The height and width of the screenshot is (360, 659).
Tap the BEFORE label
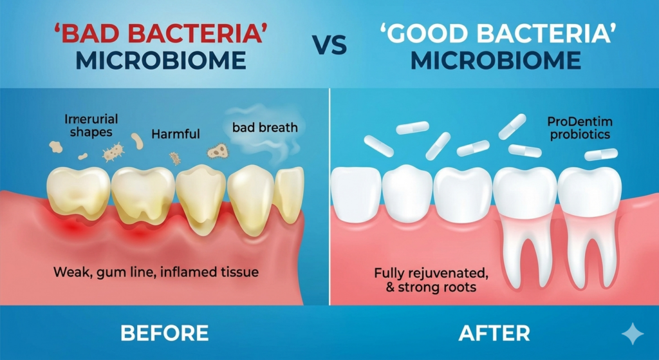[x=164, y=333]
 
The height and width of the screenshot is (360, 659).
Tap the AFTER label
[x=494, y=333]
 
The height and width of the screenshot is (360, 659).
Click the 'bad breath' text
[x=265, y=127]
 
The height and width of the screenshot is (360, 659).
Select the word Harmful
[x=175, y=135]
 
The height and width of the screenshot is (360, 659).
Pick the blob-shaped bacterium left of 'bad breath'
[x=216, y=152]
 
